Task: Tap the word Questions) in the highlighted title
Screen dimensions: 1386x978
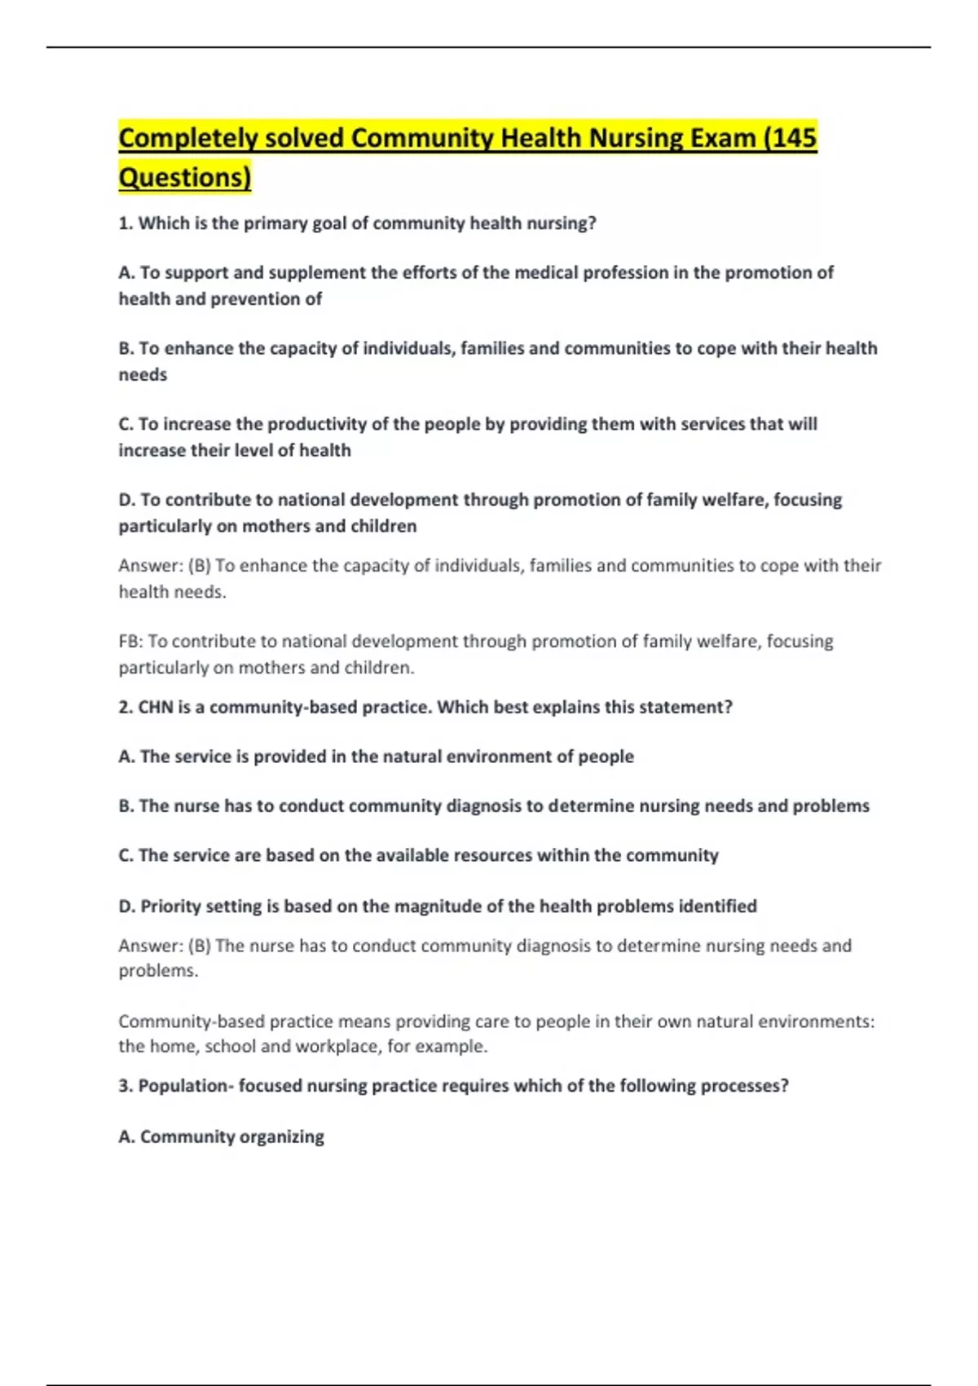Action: point(185,177)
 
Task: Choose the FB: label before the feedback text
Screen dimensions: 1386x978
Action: point(130,642)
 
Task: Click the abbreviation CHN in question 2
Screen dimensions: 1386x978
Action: point(155,707)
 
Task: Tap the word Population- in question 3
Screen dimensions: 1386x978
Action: point(185,1086)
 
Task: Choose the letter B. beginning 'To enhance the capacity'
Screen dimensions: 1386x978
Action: point(126,348)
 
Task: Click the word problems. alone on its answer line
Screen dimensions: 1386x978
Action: point(158,971)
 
